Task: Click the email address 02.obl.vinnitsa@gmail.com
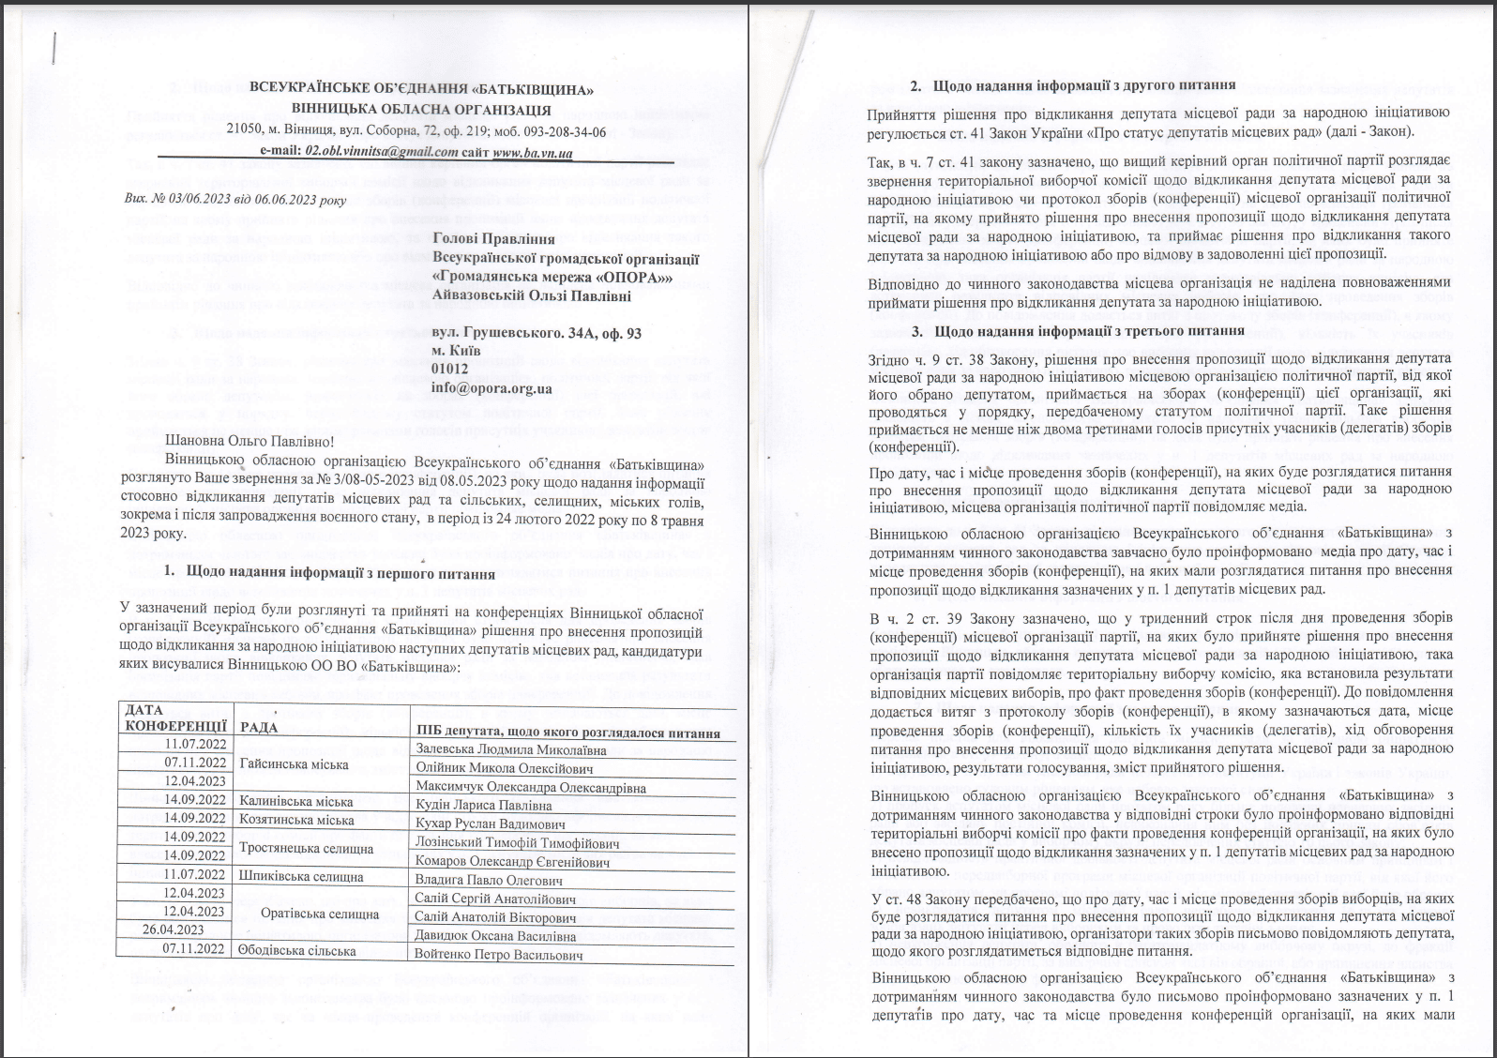(x=382, y=152)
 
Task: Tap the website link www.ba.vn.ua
(x=532, y=152)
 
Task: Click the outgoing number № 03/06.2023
(x=197, y=199)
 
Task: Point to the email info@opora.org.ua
(x=491, y=388)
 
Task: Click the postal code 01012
(x=449, y=370)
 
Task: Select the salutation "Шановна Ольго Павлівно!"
(x=249, y=441)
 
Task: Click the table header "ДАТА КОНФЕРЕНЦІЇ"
(x=174, y=718)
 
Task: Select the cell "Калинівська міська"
(x=296, y=802)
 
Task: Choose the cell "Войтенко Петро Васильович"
(x=498, y=955)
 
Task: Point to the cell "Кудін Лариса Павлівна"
(x=483, y=806)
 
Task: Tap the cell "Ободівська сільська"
(x=296, y=950)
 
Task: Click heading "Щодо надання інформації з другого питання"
(x=1083, y=86)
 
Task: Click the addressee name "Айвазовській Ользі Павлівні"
(x=532, y=296)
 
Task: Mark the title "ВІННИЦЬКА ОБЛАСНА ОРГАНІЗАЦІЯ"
(x=421, y=110)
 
